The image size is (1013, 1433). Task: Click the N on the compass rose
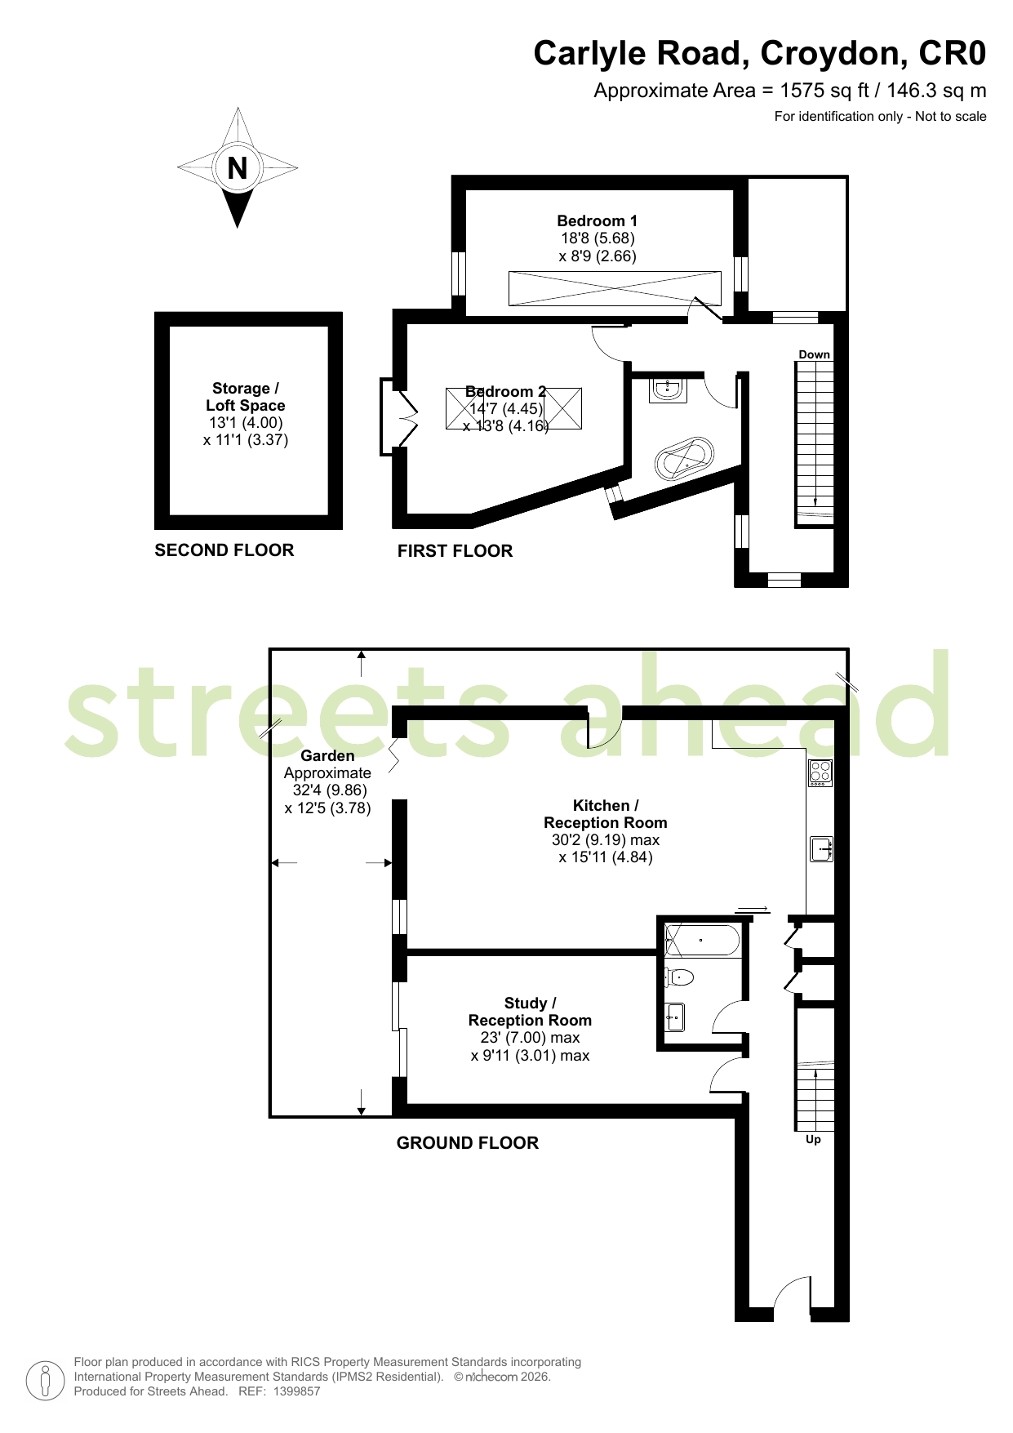tap(238, 168)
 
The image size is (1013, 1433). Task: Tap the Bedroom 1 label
tap(598, 220)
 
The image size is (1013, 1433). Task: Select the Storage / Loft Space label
tap(245, 397)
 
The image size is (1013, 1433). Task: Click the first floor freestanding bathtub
tap(684, 460)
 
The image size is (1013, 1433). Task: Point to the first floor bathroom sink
tap(668, 389)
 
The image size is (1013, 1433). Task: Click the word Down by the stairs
tap(814, 354)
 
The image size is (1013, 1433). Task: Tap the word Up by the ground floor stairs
tap(813, 1139)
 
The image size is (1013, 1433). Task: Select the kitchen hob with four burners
tap(820, 773)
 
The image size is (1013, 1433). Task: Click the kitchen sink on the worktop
tap(821, 849)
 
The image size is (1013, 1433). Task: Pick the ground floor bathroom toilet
tap(679, 977)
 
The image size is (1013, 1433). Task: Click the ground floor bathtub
tap(702, 940)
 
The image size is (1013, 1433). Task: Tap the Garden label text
tap(327, 756)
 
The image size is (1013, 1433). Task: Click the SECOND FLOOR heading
tap(224, 550)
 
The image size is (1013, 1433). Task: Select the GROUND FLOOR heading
tap(468, 1143)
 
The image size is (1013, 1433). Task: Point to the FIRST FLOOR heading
tap(455, 551)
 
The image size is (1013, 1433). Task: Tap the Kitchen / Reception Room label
tap(606, 814)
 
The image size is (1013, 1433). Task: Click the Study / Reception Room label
tap(530, 1012)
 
